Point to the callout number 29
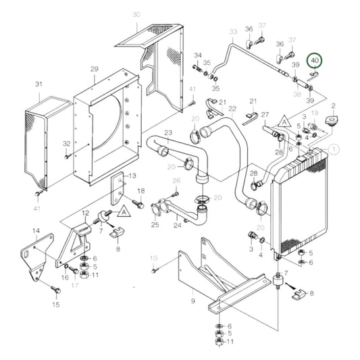[95, 70]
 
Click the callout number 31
[39, 84]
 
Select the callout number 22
[232, 109]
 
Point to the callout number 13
[132, 175]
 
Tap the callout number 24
[178, 226]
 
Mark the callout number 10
[153, 258]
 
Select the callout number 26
[176, 181]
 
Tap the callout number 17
[76, 284]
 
